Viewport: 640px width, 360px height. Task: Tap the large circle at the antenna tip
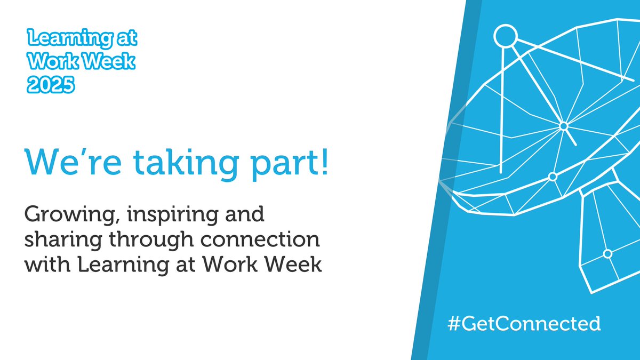click(x=505, y=36)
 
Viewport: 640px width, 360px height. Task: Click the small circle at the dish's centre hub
click(x=563, y=126)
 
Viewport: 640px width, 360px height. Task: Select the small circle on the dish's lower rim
click(x=553, y=176)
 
